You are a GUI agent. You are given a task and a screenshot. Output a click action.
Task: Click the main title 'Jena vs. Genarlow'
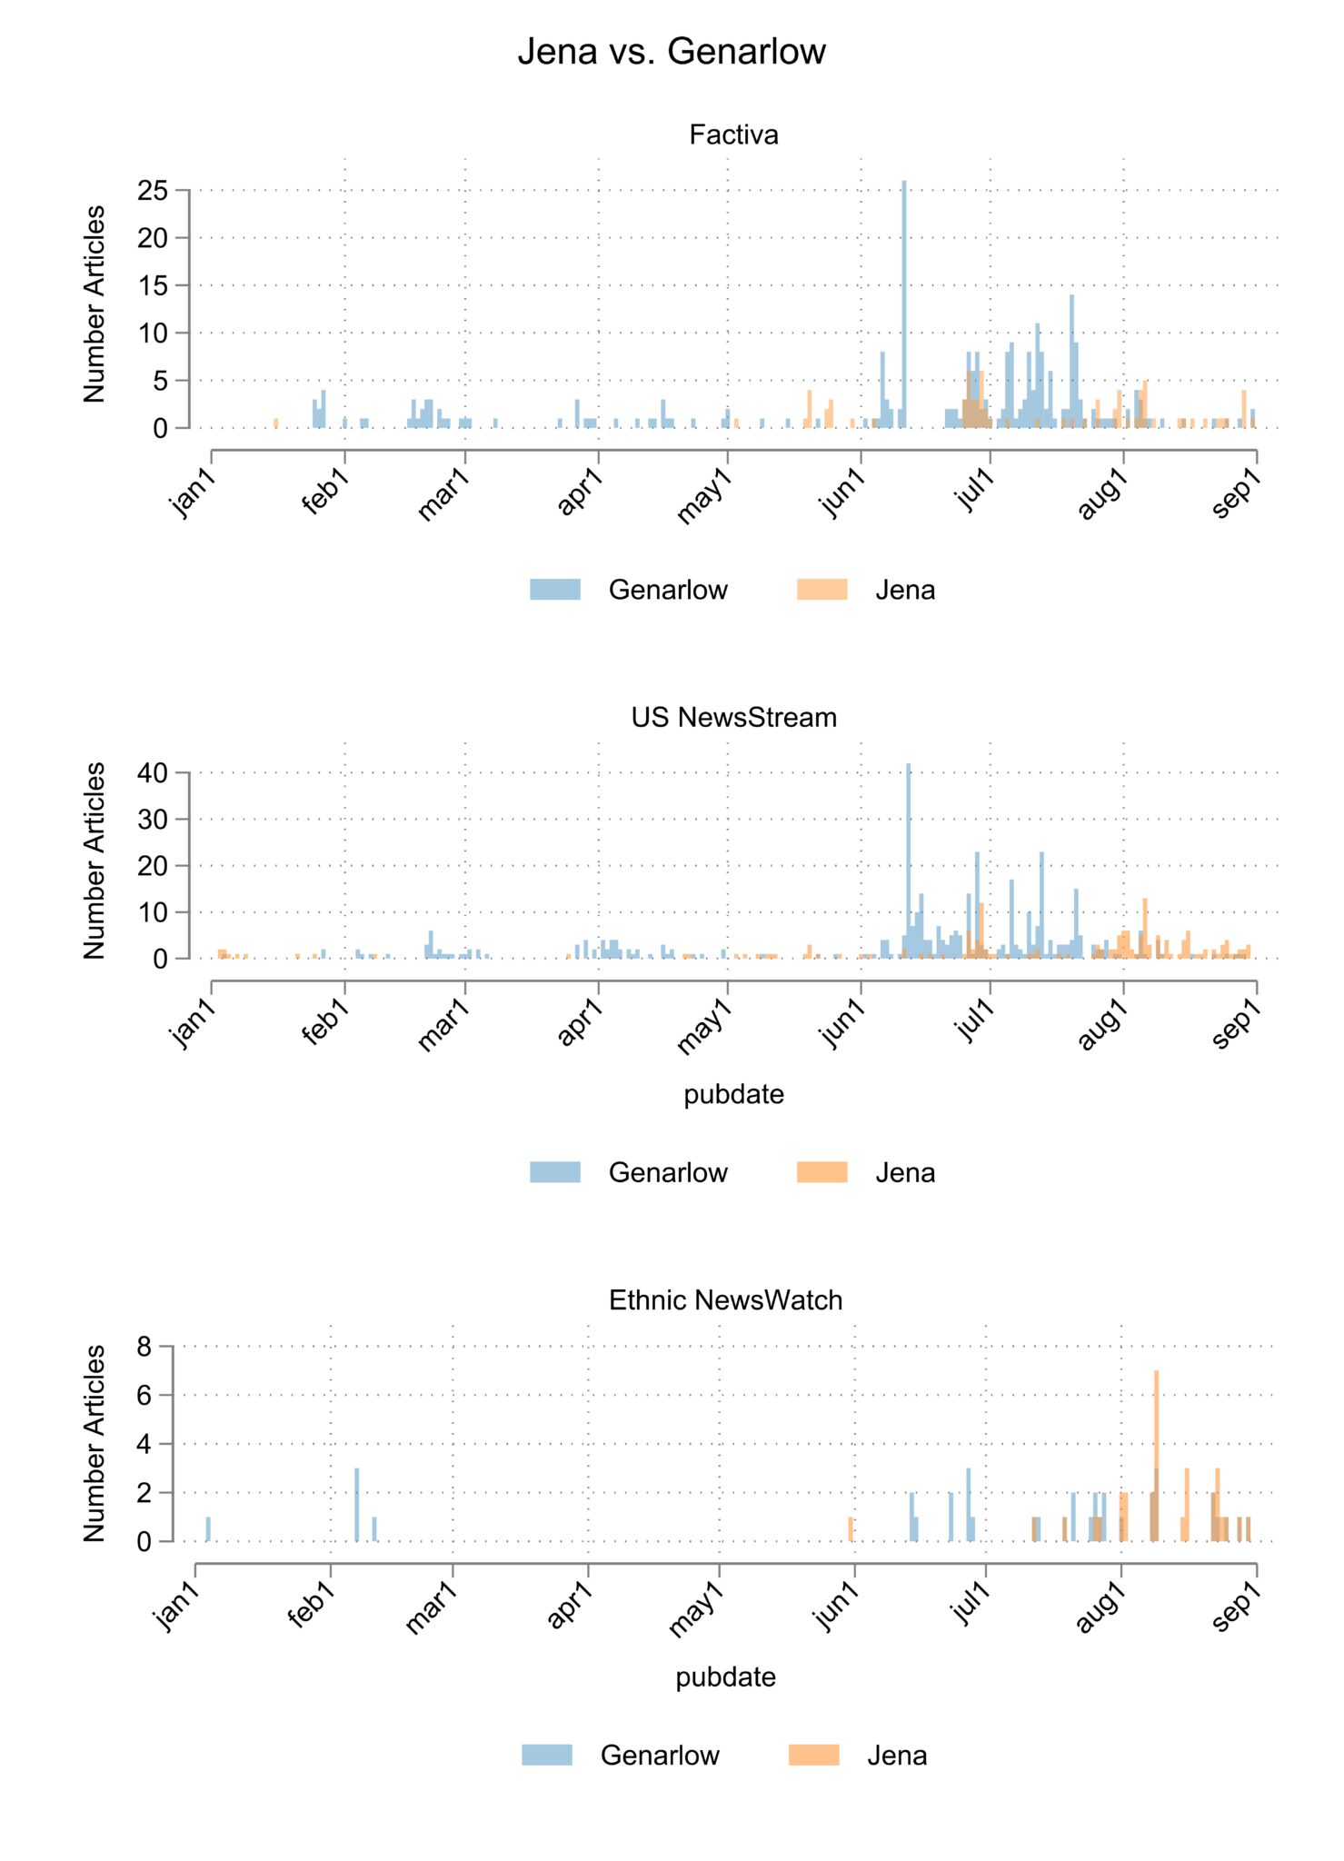[672, 52]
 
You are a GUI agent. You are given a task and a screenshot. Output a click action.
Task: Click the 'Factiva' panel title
[733, 134]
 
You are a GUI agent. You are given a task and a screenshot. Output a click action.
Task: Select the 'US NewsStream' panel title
[733, 717]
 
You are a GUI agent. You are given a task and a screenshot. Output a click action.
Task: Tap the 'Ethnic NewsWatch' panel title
[725, 1300]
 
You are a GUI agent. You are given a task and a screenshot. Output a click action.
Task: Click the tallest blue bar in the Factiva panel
[903, 304]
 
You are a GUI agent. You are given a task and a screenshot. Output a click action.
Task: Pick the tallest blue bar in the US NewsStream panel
[908, 861]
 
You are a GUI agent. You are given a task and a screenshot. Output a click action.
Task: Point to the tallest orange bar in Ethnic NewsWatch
[1156, 1456]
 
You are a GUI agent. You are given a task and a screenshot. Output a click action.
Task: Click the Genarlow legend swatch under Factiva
[555, 589]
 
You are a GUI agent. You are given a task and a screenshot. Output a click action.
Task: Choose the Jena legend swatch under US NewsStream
[821, 1172]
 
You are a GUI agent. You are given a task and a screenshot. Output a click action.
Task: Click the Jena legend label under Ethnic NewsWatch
[897, 1756]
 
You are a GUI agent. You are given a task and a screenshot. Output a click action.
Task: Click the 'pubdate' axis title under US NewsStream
[733, 1094]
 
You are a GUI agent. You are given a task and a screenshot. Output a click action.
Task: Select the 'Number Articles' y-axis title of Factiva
[95, 304]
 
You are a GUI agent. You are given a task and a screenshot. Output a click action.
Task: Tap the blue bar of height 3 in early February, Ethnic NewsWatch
[357, 1505]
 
